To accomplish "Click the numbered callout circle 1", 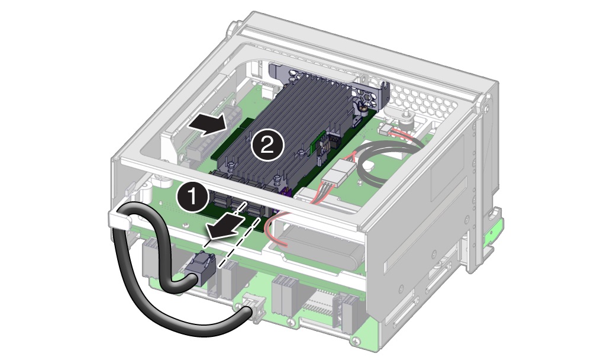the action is click(x=193, y=198).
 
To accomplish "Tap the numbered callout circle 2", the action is click(x=267, y=144).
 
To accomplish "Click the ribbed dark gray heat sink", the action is click(x=282, y=130).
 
